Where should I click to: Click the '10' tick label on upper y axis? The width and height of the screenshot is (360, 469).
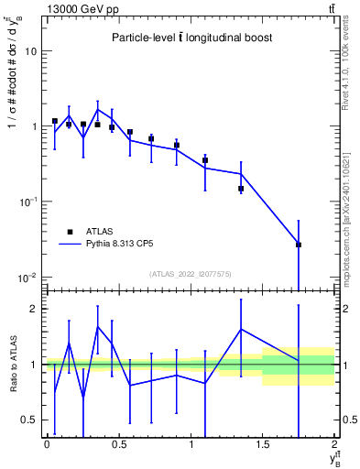click(30, 51)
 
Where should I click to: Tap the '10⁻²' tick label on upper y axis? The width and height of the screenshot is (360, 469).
click(28, 278)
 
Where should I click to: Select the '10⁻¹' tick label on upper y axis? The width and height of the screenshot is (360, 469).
click(28, 202)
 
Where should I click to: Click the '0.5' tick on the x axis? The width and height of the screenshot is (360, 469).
click(118, 444)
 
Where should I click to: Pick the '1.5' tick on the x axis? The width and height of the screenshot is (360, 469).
click(262, 444)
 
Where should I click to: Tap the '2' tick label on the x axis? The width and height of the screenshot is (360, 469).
click(334, 444)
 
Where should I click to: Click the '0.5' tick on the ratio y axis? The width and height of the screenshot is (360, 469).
click(28, 420)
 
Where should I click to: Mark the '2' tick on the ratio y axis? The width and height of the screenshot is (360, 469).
click(33, 309)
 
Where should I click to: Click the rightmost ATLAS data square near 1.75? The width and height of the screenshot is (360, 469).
click(299, 245)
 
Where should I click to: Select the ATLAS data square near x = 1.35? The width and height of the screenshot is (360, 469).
click(241, 189)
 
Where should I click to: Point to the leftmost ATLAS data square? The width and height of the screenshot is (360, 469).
click(55, 121)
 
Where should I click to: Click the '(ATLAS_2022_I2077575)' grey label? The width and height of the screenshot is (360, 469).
click(190, 274)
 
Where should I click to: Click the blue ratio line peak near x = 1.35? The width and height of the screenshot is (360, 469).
click(241, 330)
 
